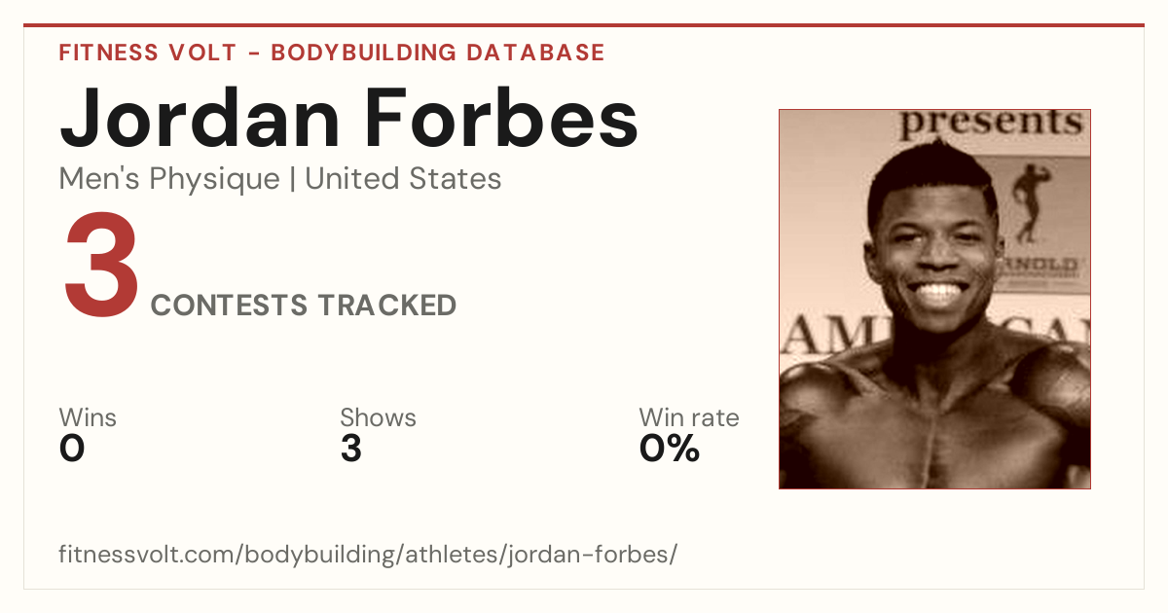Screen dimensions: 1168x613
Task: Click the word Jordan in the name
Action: coord(200,120)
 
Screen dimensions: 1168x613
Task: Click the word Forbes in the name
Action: coord(501,118)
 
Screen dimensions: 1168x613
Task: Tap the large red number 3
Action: coord(101,264)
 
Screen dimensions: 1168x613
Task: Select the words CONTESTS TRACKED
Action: coord(304,305)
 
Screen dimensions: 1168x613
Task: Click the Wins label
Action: coord(88,417)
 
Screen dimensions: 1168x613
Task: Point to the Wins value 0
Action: coord(72,449)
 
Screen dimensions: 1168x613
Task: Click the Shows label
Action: coord(378,417)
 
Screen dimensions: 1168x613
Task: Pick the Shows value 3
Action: coord(351,449)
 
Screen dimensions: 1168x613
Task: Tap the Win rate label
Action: coord(689,417)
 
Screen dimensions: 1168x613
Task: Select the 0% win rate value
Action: coord(670,449)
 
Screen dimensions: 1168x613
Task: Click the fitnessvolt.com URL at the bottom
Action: coord(368,554)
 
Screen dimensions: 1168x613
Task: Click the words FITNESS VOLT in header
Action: coord(148,53)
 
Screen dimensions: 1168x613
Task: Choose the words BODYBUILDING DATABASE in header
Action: coord(437,53)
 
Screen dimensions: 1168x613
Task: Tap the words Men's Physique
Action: coord(169,179)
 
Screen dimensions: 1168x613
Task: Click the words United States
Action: coord(403,179)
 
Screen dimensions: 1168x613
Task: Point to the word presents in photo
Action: coord(991,123)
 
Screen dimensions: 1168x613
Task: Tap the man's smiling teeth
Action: coord(938,290)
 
